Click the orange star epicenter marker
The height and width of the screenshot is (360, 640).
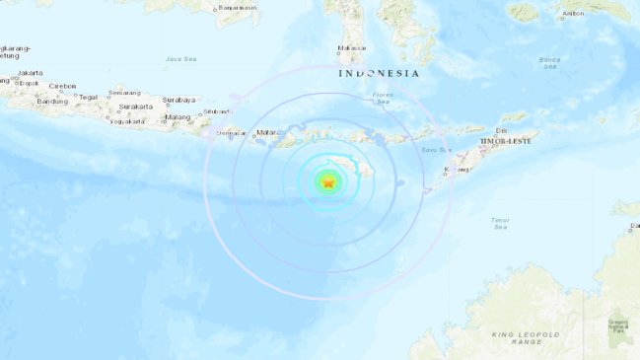[x=328, y=182]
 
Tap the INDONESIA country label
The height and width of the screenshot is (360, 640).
[x=379, y=73]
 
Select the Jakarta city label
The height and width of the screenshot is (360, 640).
[x=31, y=72]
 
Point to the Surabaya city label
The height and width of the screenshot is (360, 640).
[x=179, y=99]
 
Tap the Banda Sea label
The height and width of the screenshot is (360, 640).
[x=550, y=62]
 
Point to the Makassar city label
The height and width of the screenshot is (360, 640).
[x=352, y=47]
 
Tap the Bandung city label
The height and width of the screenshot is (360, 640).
[x=51, y=101]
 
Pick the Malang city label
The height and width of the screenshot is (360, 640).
[x=178, y=117]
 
